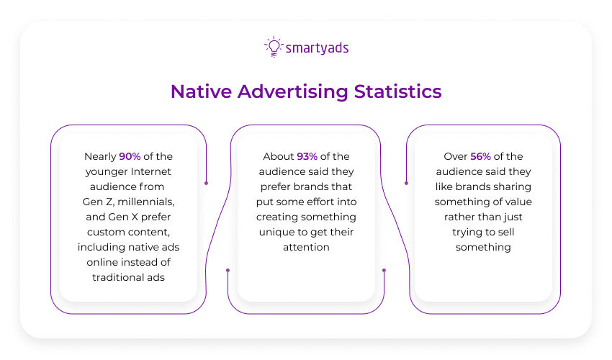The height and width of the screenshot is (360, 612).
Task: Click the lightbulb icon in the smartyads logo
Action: (x=273, y=47)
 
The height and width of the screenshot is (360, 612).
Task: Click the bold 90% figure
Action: (x=130, y=156)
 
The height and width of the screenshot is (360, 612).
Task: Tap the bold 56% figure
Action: (x=481, y=156)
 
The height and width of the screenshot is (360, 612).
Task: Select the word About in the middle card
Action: (x=279, y=156)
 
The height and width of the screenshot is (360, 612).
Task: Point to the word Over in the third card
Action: (x=456, y=156)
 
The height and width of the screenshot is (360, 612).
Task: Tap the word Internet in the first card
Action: (x=152, y=171)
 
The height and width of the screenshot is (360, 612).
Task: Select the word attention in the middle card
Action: (x=306, y=247)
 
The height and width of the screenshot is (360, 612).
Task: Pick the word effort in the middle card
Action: (x=320, y=202)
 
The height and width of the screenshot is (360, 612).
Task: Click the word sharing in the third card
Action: (x=508, y=186)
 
